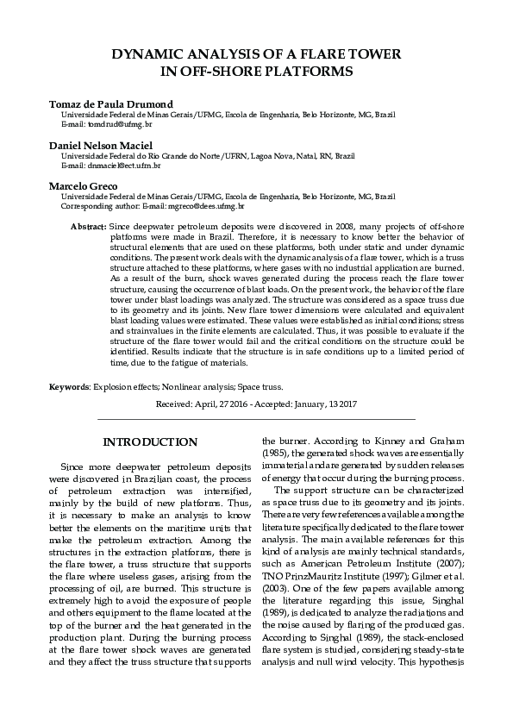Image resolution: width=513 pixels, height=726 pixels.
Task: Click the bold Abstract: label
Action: click(88, 226)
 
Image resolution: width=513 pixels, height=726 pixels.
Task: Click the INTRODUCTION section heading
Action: click(150, 442)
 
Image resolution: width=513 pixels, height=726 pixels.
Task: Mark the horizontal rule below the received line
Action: click(256, 418)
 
